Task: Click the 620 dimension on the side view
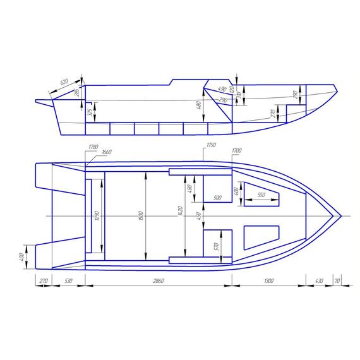pyautogui.click(x=64, y=83)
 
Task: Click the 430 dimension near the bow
pyautogui.click(x=319, y=280)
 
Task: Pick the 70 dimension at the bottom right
pyautogui.click(x=338, y=280)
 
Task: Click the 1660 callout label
pyautogui.click(x=106, y=152)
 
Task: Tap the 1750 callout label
pyautogui.click(x=210, y=147)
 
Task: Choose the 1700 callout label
pyautogui.click(x=237, y=152)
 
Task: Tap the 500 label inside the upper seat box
pyautogui.click(x=218, y=198)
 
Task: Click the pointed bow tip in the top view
pyautogui.click(x=341, y=216)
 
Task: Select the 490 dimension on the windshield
pyautogui.click(x=222, y=89)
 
